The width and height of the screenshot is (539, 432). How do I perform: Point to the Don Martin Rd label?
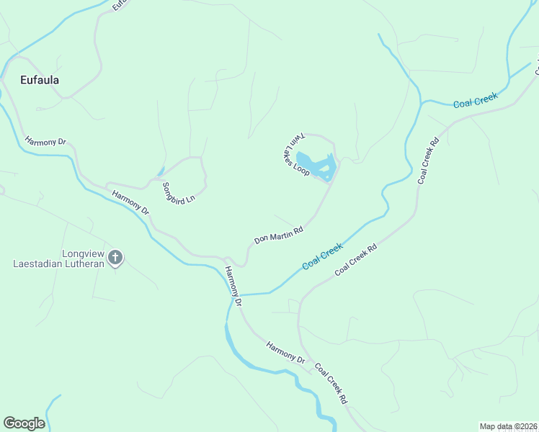[278, 235]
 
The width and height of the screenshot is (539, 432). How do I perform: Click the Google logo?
[24, 423]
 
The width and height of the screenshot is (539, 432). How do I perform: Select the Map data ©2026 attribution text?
[507, 426]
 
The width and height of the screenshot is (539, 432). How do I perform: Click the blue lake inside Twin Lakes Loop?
[317, 166]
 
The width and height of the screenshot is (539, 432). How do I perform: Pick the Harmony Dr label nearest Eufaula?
[45, 142]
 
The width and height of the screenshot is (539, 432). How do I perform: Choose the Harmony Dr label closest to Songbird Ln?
[130, 202]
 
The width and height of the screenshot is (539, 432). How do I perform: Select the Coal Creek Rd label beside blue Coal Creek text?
[356, 259]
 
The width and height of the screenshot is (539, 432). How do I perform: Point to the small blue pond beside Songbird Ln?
[160, 171]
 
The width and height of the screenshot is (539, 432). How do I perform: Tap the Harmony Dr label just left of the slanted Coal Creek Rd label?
[286, 351]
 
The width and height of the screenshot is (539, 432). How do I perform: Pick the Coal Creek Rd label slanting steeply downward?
[331, 382]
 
